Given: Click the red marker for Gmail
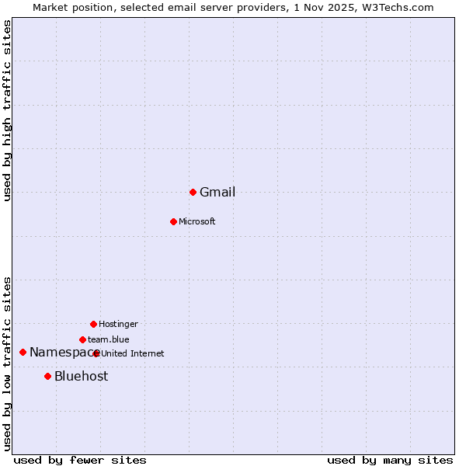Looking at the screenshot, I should (x=193, y=192).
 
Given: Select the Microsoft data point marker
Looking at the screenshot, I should (x=173, y=221).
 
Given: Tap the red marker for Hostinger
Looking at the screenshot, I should (x=93, y=324).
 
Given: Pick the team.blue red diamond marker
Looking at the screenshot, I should (x=82, y=339).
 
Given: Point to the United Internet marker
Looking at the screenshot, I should (x=96, y=353).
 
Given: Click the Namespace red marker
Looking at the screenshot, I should (x=23, y=352).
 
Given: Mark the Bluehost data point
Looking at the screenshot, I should (x=47, y=376).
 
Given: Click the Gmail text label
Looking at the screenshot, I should (x=217, y=193).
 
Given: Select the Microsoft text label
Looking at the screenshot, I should (x=197, y=222).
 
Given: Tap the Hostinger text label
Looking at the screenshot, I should (x=118, y=325).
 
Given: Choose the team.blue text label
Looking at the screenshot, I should (x=109, y=340).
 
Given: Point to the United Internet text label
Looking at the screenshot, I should (x=133, y=354).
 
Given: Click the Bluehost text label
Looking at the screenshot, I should (x=82, y=377).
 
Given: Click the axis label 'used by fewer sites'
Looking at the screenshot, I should (x=80, y=461).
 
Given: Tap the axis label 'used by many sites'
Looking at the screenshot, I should (x=390, y=461).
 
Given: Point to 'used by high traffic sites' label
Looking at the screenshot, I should (x=8, y=110).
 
